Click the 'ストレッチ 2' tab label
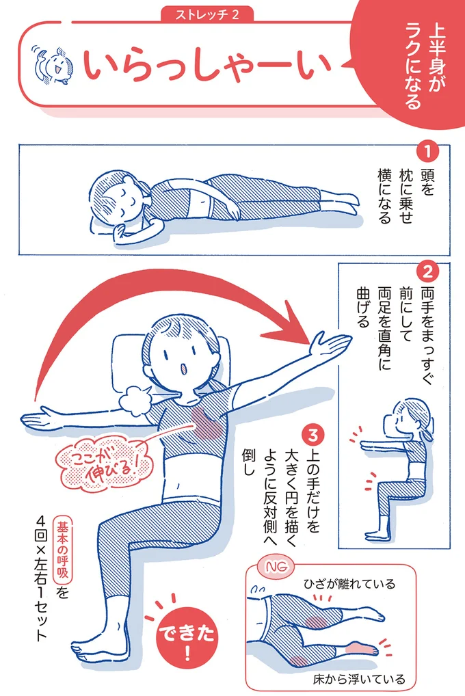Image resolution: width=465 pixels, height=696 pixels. click(207, 14)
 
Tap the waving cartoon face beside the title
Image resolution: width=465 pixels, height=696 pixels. click(53, 65)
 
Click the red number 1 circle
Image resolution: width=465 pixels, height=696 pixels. click(427, 152)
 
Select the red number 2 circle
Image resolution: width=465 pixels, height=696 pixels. click(427, 271)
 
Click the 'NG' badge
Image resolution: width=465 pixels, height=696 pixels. click(276, 567)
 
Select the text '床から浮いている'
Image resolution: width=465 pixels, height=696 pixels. click(359, 679)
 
